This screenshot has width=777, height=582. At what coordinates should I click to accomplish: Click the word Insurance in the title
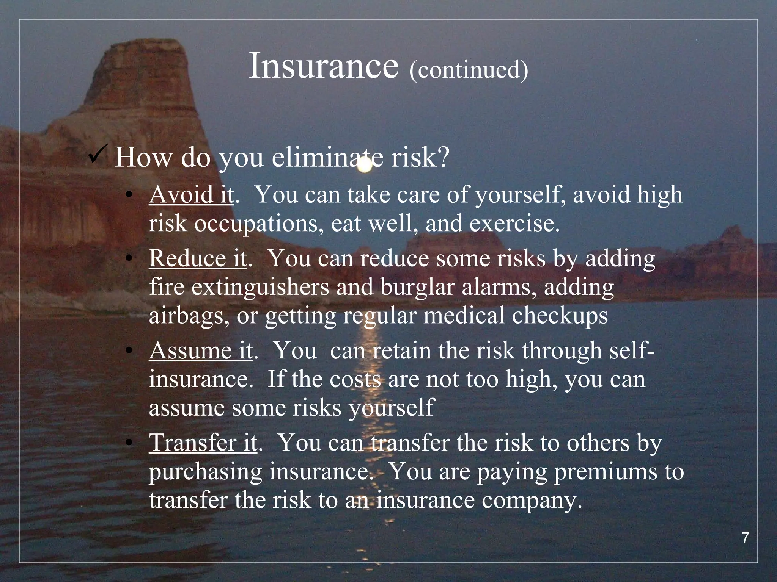tap(324, 66)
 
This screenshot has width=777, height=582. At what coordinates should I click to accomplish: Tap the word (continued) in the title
tap(469, 70)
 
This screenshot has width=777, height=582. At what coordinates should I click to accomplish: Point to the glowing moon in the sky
tap(365, 166)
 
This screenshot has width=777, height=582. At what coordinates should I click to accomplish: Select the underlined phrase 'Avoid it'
tap(191, 195)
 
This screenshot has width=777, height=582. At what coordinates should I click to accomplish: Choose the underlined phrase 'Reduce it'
tap(198, 258)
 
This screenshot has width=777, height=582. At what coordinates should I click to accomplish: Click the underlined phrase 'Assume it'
tap(201, 350)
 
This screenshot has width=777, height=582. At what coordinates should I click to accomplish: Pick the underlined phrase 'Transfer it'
tap(203, 443)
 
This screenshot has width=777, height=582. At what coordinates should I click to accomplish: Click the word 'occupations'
tap(256, 224)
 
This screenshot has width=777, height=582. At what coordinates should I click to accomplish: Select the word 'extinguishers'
tap(260, 287)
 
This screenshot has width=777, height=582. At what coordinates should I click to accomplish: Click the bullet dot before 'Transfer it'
tap(129, 443)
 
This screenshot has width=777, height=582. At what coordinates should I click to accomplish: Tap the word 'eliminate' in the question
tap(322, 157)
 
